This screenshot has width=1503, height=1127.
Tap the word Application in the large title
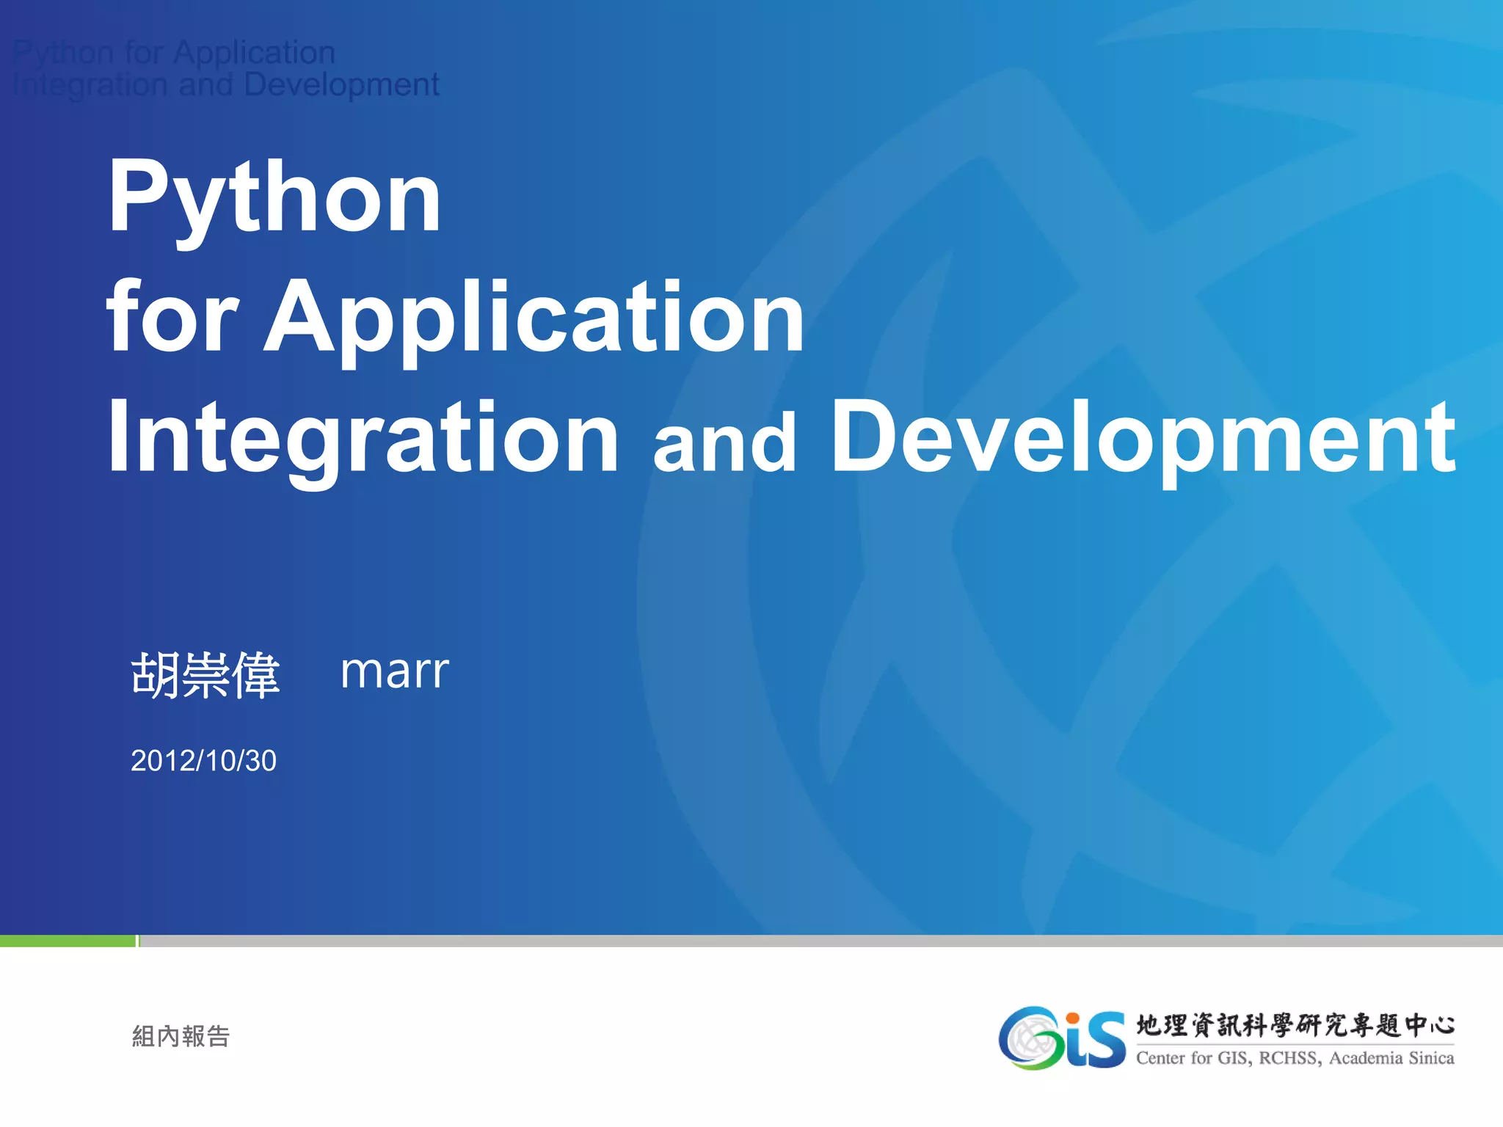[x=534, y=317]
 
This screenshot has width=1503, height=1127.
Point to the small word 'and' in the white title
[x=724, y=442]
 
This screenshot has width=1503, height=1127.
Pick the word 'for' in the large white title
[x=173, y=317]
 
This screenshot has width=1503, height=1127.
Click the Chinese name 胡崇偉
[x=205, y=674]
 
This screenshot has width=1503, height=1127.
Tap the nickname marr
[x=394, y=671]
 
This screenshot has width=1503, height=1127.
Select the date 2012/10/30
[x=203, y=761]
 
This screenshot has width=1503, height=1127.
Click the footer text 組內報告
[x=181, y=1036]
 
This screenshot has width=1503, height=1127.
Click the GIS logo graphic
[x=1061, y=1037]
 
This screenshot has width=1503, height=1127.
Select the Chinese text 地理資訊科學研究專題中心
[x=1295, y=1025]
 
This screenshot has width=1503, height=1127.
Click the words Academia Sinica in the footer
[x=1391, y=1058]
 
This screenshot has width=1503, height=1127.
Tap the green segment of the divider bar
[x=68, y=941]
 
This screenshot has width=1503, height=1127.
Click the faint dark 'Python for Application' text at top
[x=175, y=53]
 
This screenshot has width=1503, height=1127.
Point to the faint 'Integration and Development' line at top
[x=226, y=85]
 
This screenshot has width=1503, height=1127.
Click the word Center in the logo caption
[x=1160, y=1058]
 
